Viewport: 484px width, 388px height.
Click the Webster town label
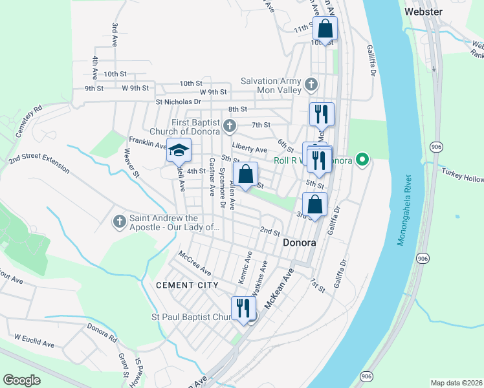pos(423,11)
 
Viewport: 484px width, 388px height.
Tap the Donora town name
pos(300,243)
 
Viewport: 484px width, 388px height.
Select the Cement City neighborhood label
pos(184,285)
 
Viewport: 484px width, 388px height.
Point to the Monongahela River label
pos(403,209)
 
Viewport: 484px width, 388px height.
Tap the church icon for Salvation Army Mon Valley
pos(311,84)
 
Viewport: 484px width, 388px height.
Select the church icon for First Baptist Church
pos(229,125)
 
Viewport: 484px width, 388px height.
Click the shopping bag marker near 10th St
pos(325,28)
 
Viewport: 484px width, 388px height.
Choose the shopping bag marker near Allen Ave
pos(246,174)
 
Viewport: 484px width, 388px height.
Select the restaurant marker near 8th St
pos(322,114)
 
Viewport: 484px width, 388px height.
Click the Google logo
pos(21,380)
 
